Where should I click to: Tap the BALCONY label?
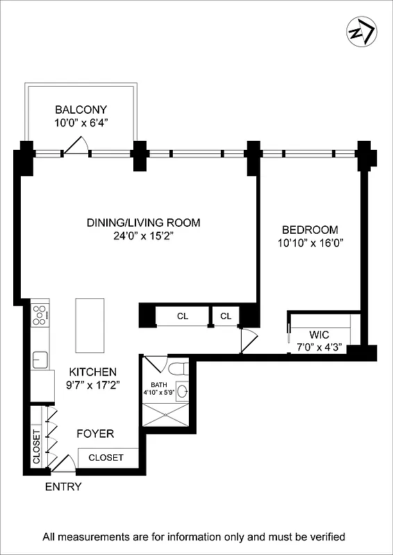tap(81, 110)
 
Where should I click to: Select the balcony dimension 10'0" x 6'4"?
tap(81, 122)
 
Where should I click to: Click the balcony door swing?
tap(75, 144)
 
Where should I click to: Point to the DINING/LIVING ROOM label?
tap(143, 223)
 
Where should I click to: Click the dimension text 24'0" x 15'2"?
tap(143, 236)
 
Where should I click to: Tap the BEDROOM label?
tap(310, 230)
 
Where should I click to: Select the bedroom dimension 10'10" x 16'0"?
tap(310, 243)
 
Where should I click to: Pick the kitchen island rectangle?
tap(90, 325)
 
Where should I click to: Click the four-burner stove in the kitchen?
tap(40, 316)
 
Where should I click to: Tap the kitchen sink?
tap(40, 359)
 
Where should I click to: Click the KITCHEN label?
tap(92, 372)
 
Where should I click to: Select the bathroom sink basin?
tap(182, 392)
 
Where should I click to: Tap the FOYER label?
tap(95, 434)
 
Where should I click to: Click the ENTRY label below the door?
tap(63, 487)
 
